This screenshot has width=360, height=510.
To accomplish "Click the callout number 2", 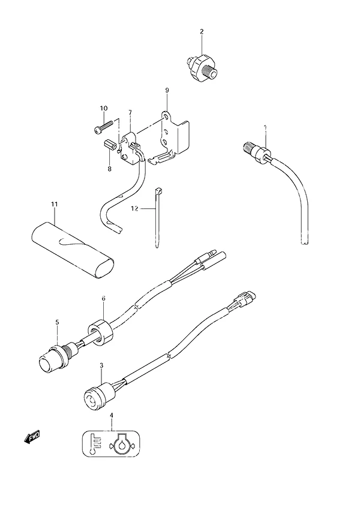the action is pyautogui.click(x=202, y=32).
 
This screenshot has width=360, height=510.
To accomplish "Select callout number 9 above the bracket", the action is pyautogui.click(x=167, y=91).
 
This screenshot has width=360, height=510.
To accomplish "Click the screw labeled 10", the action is pyautogui.click(x=103, y=127).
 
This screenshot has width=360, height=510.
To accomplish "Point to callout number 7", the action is pyautogui.click(x=130, y=113).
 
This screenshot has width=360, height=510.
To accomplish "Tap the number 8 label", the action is pyautogui.click(x=109, y=169).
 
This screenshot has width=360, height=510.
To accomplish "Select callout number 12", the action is pyautogui.click(x=134, y=208).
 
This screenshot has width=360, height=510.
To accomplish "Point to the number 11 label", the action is pyautogui.click(x=54, y=204).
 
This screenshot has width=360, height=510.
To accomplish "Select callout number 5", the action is pyautogui.click(x=57, y=322).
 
